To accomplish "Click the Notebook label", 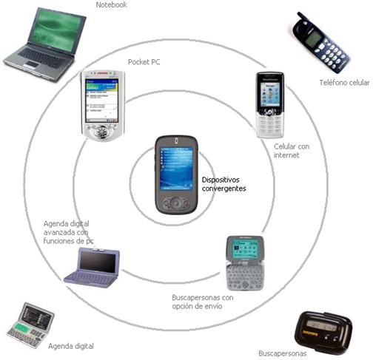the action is [x=112, y=4].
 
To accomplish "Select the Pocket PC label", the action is [x=144, y=62].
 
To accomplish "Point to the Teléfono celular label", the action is [x=345, y=83].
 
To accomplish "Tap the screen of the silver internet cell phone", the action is [x=270, y=94].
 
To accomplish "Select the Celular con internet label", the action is [x=292, y=151].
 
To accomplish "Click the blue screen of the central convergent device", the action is [x=176, y=169].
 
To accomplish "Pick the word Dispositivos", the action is [x=221, y=180].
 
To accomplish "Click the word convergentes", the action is [x=224, y=189].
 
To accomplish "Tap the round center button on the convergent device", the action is [x=176, y=203].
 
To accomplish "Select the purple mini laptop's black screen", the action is [x=98, y=262].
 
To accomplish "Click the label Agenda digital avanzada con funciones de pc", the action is [x=68, y=232].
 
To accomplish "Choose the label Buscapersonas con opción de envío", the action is [x=203, y=302].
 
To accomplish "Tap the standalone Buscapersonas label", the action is [x=283, y=353].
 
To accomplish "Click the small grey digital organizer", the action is [x=30, y=325].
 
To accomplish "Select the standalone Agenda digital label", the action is [x=71, y=346].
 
